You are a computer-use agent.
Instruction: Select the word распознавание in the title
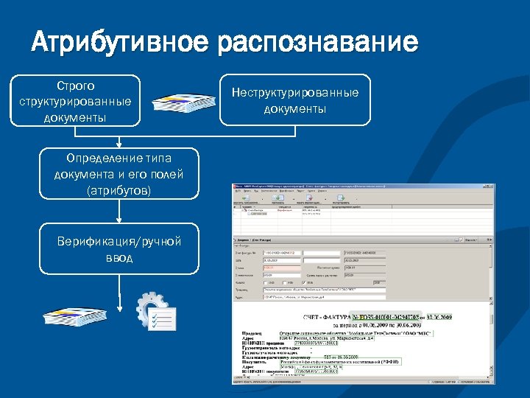tap(317, 42)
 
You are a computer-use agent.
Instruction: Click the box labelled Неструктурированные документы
tap(295, 100)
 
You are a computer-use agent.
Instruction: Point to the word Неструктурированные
tap(295, 93)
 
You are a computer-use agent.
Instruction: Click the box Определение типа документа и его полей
tap(119, 174)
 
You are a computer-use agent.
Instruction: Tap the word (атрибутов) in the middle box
tap(119, 190)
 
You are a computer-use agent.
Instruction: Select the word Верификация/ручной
tap(119, 242)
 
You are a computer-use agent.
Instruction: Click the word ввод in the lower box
tap(119, 258)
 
